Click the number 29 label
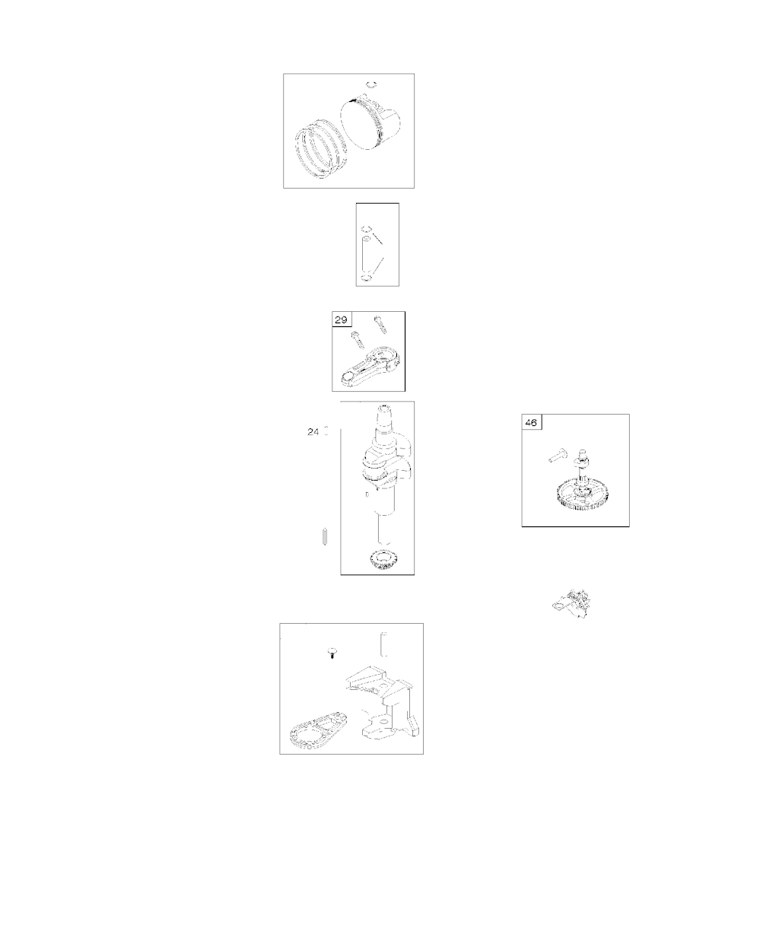pyautogui.click(x=341, y=319)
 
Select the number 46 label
pyautogui.click(x=531, y=423)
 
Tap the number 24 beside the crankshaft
pyautogui.click(x=313, y=432)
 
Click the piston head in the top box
pyautogui.click(x=370, y=122)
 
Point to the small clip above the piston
pyautogui.click(x=372, y=84)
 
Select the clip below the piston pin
pyautogui.click(x=366, y=278)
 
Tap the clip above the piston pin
pyautogui.click(x=366, y=229)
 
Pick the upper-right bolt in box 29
pyautogui.click(x=380, y=324)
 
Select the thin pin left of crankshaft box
pyautogui.click(x=324, y=536)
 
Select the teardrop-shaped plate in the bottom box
pyautogui.click(x=318, y=730)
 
